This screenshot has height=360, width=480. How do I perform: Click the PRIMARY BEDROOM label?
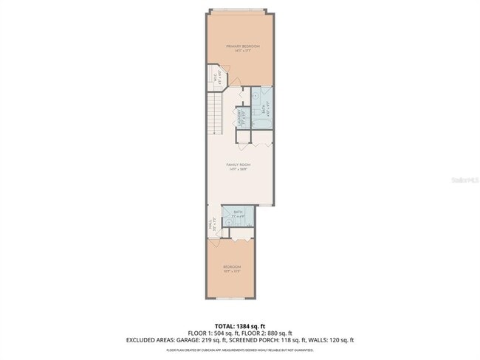pyautogui.click(x=242, y=46)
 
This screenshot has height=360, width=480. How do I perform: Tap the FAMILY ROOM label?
pyautogui.click(x=239, y=165)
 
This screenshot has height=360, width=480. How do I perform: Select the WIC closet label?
pyautogui.click(x=216, y=75)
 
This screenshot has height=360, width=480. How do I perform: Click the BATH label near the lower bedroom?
pyautogui.click(x=238, y=212)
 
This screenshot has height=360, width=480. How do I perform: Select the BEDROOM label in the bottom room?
pyautogui.click(x=232, y=266)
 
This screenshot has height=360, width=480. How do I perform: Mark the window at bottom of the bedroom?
pyautogui.click(x=231, y=298)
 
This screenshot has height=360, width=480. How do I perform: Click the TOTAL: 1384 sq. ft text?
pyautogui.click(x=240, y=325)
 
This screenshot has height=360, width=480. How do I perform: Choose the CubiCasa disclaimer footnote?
pyautogui.click(x=240, y=350)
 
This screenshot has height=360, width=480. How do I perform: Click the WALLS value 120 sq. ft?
pyautogui.click(x=340, y=340)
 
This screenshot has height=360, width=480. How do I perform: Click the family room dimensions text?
pyautogui.click(x=239, y=169)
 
